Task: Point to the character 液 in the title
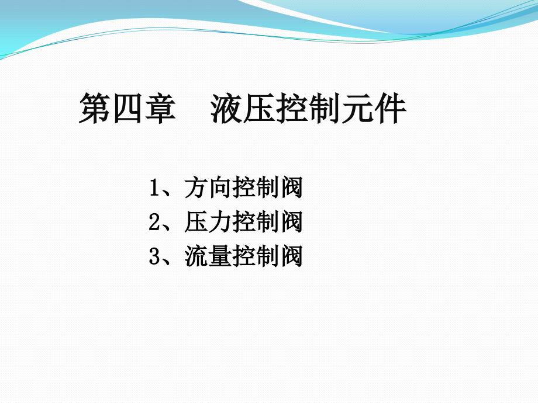pyautogui.click(x=226, y=107)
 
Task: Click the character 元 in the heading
pyautogui.click(x=357, y=107)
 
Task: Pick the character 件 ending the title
pyautogui.click(x=391, y=107)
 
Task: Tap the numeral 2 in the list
pyautogui.click(x=155, y=222)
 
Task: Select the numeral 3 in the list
pyautogui.click(x=155, y=256)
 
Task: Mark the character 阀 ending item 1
pyautogui.click(x=291, y=187)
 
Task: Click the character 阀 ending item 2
pyautogui.click(x=291, y=221)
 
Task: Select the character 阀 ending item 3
pyautogui.click(x=291, y=256)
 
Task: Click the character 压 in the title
pyautogui.click(x=259, y=107)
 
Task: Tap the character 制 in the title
pyautogui.click(x=325, y=107)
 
